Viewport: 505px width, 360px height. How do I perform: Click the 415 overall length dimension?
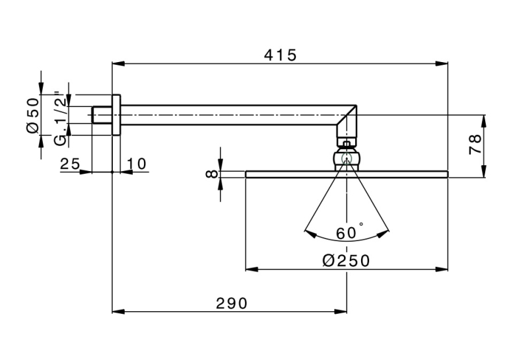pyautogui.click(x=280, y=55)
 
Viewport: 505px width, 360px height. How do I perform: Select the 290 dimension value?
pyautogui.click(x=232, y=303)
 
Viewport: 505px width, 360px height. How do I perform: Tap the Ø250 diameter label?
pyautogui.click(x=346, y=260)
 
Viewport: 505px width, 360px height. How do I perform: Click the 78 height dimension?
pyautogui.click(x=475, y=145)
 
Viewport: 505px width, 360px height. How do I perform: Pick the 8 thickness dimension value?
pyautogui.click(x=211, y=174)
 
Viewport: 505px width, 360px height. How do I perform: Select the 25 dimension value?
pyautogui.click(x=70, y=164)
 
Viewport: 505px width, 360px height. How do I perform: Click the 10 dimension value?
pyautogui.click(x=136, y=164)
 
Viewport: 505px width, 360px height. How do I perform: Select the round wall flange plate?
pyautogui.click(x=116, y=115)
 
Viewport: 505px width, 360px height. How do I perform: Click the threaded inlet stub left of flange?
pyautogui.click(x=102, y=115)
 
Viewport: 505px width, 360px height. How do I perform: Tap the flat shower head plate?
pyautogui.click(x=347, y=174)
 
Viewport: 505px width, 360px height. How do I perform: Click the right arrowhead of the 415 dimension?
pyautogui.click(x=442, y=63)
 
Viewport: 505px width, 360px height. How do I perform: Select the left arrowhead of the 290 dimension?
pyautogui.click(x=118, y=312)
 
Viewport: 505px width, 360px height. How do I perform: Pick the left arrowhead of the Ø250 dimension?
pyautogui.click(x=252, y=269)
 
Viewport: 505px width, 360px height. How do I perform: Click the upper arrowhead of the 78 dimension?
pyautogui.click(x=484, y=121)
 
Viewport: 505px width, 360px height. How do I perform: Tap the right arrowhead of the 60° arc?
pyautogui.click(x=384, y=234)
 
